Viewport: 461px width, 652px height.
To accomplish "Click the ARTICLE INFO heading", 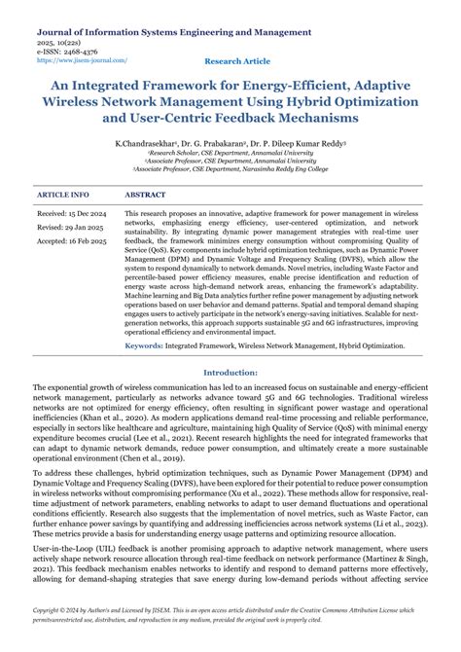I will [x=63, y=195].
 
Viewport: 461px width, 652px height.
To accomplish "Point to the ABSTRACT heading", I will [x=146, y=195].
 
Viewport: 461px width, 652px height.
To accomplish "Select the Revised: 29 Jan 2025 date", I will [x=71, y=227].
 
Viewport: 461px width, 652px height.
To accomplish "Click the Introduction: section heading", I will [x=230, y=372].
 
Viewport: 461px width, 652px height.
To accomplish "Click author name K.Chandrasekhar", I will [x=145, y=143].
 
